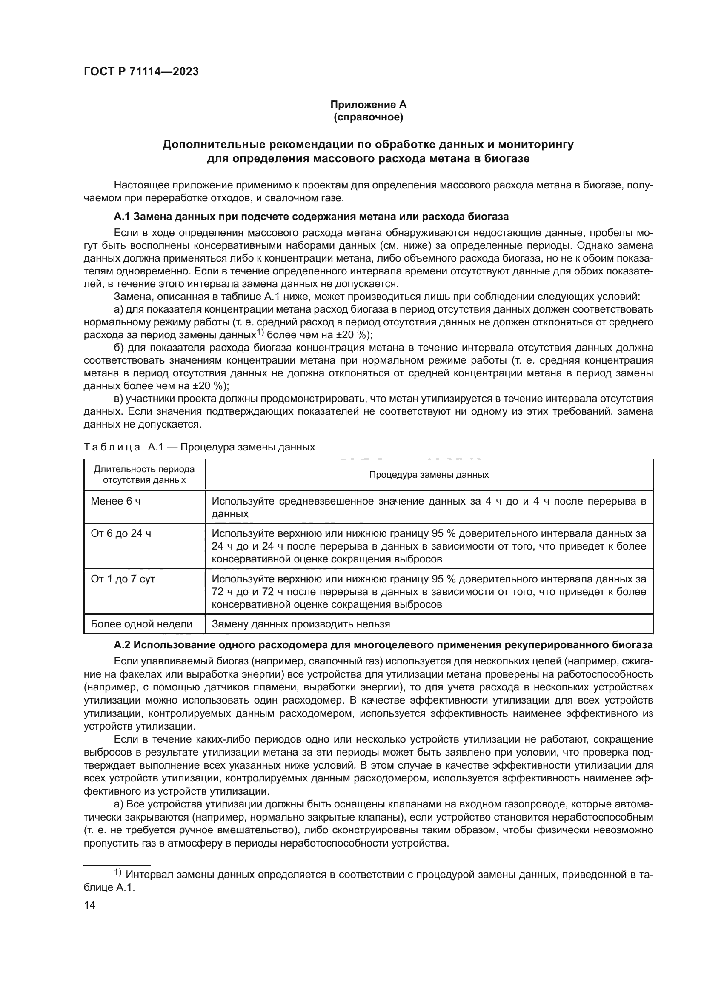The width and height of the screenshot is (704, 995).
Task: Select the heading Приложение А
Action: click(368, 105)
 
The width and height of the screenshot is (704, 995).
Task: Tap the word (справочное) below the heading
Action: click(368, 117)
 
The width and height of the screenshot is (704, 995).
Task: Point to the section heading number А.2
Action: click(122, 645)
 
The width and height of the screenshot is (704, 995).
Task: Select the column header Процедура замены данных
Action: click(428, 475)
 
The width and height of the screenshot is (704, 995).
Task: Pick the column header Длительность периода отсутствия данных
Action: click(144, 475)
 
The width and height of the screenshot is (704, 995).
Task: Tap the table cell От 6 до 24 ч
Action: click(121, 533)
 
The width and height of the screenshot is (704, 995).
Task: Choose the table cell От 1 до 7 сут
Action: click(123, 579)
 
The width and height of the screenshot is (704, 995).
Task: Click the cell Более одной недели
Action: click(141, 624)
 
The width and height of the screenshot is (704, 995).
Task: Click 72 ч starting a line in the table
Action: click(220, 592)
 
